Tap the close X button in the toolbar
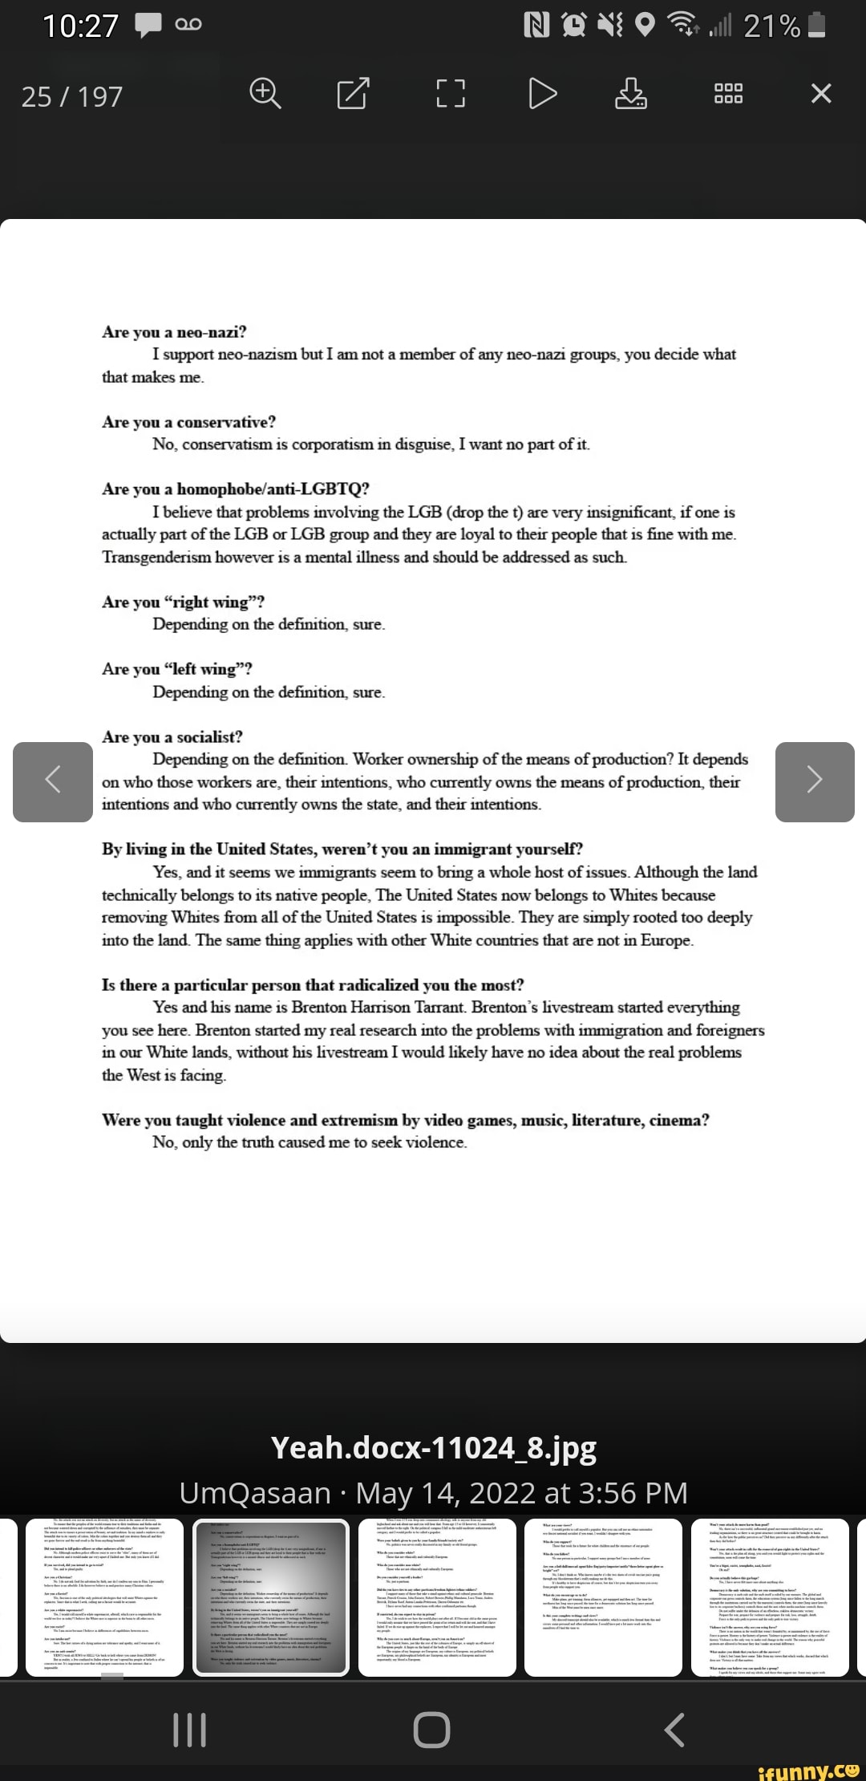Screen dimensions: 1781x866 (821, 95)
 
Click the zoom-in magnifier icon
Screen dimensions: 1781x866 (265, 95)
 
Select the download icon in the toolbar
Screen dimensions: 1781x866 (631, 95)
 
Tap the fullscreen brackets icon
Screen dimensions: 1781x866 (450, 95)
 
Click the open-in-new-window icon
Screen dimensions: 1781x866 (354, 95)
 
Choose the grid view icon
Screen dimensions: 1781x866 (728, 95)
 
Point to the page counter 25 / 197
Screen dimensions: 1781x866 (72, 97)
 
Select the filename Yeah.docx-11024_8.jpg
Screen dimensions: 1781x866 (433, 1447)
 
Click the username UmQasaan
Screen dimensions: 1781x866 (255, 1493)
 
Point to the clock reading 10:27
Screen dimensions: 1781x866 (80, 26)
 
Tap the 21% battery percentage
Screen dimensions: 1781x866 (771, 26)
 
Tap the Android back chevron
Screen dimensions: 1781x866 (675, 1730)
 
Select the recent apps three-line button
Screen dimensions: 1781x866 (190, 1730)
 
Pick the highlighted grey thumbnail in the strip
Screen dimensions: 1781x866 (270, 1597)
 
